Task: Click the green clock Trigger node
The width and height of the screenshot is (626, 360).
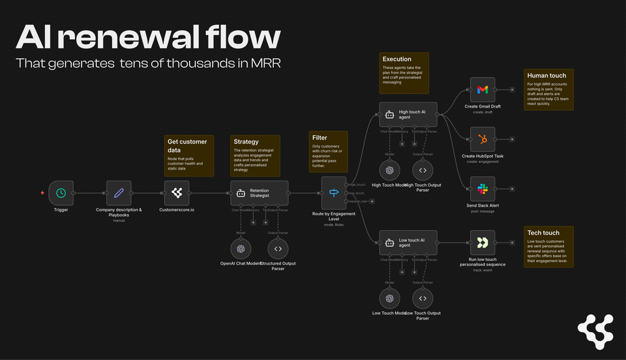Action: point(61,193)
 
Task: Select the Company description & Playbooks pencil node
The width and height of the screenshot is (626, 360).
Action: point(119,193)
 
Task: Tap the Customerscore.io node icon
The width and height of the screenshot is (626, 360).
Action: point(176,193)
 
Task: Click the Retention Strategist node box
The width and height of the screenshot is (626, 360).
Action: point(259,193)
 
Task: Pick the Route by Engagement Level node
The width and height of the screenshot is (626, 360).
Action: point(334,193)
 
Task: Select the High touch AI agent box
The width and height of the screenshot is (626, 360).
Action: point(408,113)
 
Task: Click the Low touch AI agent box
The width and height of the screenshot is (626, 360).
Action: point(408,243)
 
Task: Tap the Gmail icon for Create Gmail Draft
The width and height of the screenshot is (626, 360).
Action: point(482,89)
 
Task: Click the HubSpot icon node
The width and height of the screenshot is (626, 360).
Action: point(482,139)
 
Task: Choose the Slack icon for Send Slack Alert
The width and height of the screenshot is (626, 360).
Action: point(482,188)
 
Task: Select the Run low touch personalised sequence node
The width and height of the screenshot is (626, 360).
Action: point(482,243)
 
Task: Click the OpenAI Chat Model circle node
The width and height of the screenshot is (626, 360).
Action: point(241,248)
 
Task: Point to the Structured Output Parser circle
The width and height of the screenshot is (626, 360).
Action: point(278,248)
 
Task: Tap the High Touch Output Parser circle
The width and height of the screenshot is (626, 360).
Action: point(423,170)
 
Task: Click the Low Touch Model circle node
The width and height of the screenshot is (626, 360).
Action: point(389,299)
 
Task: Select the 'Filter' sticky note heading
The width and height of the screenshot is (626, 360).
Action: point(320,138)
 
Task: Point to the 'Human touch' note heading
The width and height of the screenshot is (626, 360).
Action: point(546,76)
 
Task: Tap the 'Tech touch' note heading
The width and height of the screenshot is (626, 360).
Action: point(543,233)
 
